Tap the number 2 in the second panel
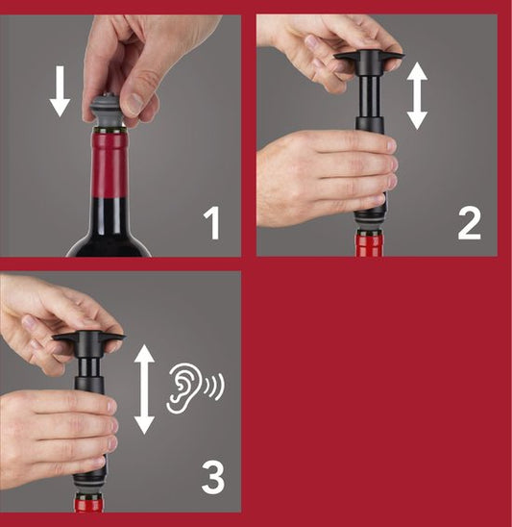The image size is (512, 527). pyautogui.click(x=468, y=224)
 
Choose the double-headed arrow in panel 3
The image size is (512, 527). pyautogui.click(x=145, y=389)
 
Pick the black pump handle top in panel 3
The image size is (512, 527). pyautogui.click(x=89, y=341)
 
